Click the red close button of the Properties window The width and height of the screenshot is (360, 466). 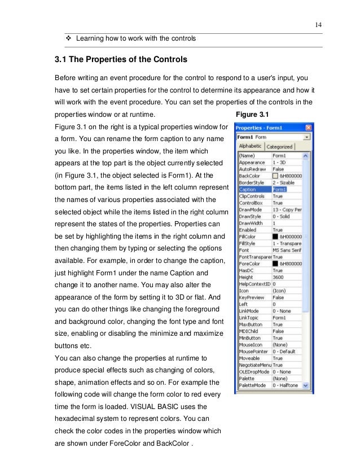click(x=309, y=128)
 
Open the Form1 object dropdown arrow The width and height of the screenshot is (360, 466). click(x=307, y=137)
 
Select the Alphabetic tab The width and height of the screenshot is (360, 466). click(x=250, y=147)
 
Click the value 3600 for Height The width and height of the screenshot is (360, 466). click(x=279, y=278)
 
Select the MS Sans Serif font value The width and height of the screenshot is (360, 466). click(x=287, y=250)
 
